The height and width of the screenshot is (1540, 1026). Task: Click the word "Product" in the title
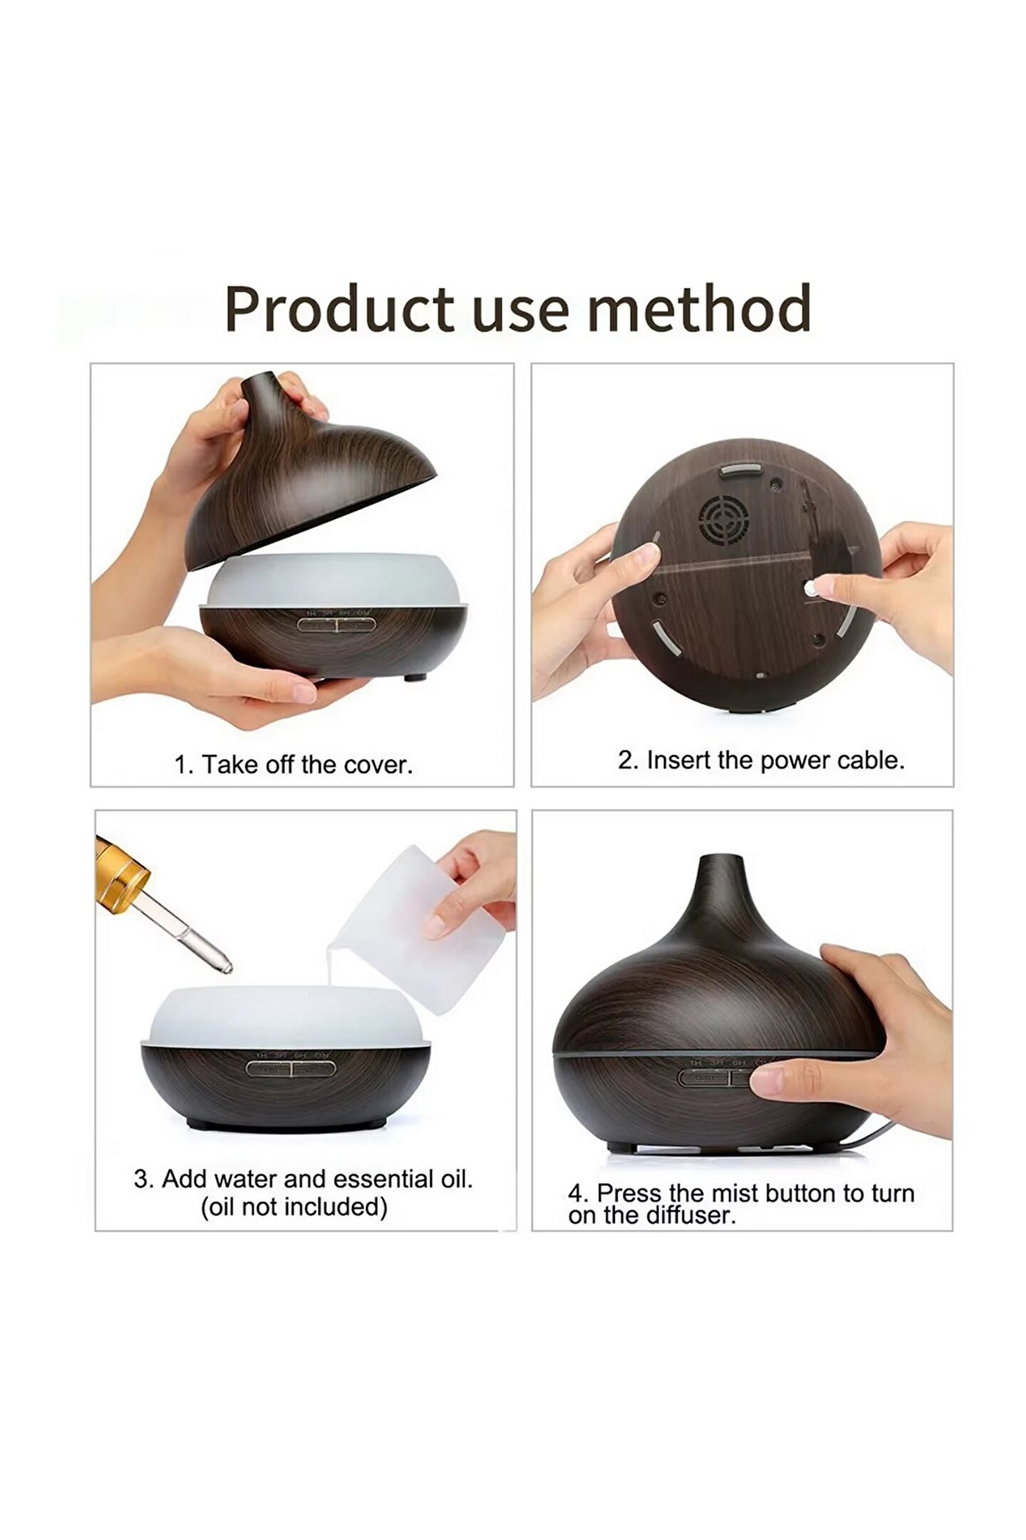tap(339, 309)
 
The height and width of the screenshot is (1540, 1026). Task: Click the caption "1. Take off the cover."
tap(294, 765)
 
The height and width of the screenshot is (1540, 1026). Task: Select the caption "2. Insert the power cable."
tap(761, 761)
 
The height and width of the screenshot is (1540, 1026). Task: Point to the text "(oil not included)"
tap(294, 1207)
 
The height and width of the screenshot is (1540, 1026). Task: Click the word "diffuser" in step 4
tap(696, 1216)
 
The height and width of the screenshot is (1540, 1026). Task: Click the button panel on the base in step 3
tap(291, 1069)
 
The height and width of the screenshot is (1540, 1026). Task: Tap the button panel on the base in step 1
tap(336, 625)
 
